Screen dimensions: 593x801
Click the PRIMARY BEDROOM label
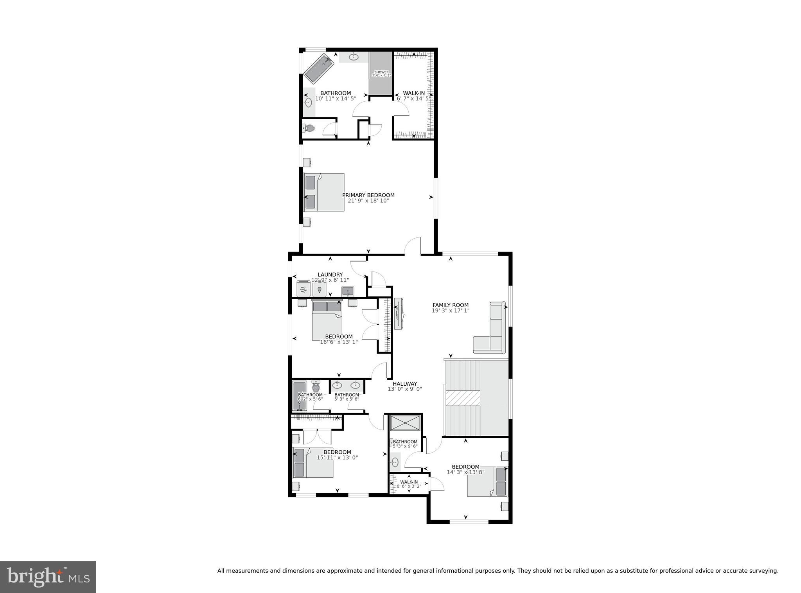click(x=368, y=195)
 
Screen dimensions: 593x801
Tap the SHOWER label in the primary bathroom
click(x=381, y=72)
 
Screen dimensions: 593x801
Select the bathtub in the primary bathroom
click(x=318, y=69)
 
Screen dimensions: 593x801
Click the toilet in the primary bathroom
click(x=309, y=128)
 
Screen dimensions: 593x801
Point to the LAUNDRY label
click(x=330, y=275)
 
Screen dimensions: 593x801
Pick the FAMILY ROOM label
click(x=450, y=305)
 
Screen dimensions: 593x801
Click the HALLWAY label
click(x=405, y=384)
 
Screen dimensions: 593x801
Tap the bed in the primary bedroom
click(x=324, y=192)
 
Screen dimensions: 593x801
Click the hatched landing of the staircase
click(x=463, y=398)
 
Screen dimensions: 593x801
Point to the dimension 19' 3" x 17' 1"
click(x=450, y=311)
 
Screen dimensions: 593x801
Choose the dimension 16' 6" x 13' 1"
click(x=339, y=342)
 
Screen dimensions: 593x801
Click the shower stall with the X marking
click(x=405, y=423)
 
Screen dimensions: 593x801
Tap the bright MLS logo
click(x=48, y=577)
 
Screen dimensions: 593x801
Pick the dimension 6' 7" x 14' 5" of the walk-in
click(x=413, y=99)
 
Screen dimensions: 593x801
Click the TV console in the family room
click(x=399, y=314)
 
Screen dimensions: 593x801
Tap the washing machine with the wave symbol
click(x=304, y=289)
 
